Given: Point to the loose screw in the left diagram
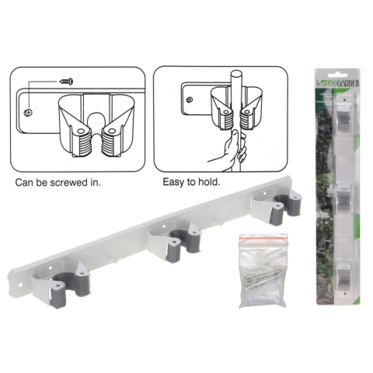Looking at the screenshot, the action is (67, 82).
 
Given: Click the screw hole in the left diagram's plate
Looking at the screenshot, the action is (28, 113).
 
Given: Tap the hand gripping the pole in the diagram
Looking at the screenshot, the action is (228, 149).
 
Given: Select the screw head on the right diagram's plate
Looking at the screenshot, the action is (190, 99).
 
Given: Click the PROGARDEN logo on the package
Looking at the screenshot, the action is (337, 83).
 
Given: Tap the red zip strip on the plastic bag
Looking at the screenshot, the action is (263, 236).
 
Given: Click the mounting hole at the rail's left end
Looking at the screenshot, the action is (21, 284).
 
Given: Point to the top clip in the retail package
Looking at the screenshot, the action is (344, 117).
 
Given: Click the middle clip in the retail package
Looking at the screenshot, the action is (344, 199).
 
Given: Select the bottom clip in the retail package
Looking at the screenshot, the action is (344, 276).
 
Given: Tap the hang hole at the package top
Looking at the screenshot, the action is (336, 75).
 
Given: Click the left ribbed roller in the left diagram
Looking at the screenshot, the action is (83, 143).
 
